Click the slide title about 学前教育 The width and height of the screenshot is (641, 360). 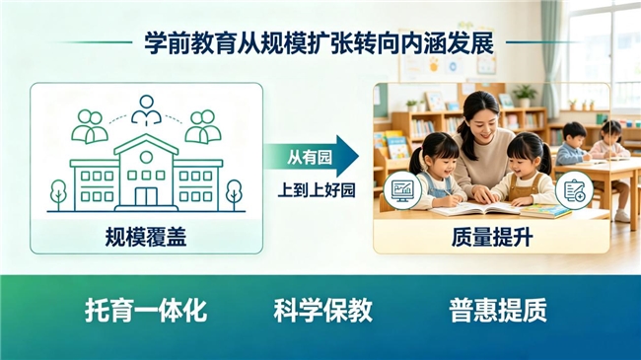click(319, 42)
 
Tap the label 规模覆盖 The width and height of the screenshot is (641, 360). click(146, 237)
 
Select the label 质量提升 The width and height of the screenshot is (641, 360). click(492, 237)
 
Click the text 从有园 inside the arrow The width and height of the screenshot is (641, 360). click(309, 158)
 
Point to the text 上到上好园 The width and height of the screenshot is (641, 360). click(317, 189)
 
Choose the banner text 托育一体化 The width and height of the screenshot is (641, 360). click(146, 310)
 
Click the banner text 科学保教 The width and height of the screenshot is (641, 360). click(322, 310)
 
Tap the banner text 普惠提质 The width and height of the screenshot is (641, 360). click(498, 310)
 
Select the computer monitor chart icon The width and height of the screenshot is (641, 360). click(401, 190)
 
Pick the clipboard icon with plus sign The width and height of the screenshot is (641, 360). click(574, 190)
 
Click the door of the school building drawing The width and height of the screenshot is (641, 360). click(146, 196)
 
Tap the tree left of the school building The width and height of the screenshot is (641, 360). click(58, 194)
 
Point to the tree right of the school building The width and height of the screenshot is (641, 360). click(234, 194)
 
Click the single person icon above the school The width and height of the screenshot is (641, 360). click(146, 109)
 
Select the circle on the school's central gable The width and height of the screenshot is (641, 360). click(146, 157)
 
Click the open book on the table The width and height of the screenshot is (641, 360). click(475, 209)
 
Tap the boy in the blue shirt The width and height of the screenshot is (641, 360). click(572, 144)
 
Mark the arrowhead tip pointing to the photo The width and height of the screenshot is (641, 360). click(359, 156)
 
